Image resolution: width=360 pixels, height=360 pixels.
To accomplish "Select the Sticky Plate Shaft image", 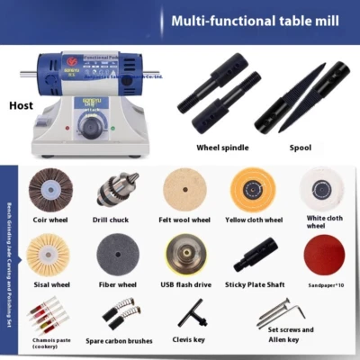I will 254,255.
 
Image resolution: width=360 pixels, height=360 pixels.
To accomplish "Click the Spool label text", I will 301,147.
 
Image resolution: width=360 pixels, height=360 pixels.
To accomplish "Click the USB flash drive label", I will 185,285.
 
